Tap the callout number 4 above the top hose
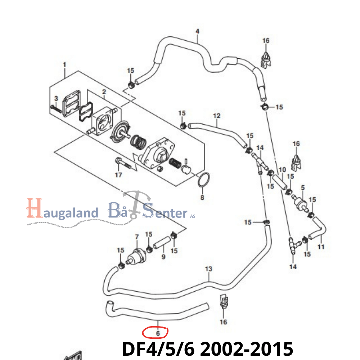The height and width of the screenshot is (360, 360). click(197, 31)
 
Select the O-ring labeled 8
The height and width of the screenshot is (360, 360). click(204, 180)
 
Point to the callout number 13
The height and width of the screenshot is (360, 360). click(209, 269)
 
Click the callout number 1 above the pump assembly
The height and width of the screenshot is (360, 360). click(64, 64)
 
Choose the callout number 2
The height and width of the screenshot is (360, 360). click(104, 92)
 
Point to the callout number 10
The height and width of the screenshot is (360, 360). click(282, 169)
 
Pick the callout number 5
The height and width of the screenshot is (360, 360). click(302, 188)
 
